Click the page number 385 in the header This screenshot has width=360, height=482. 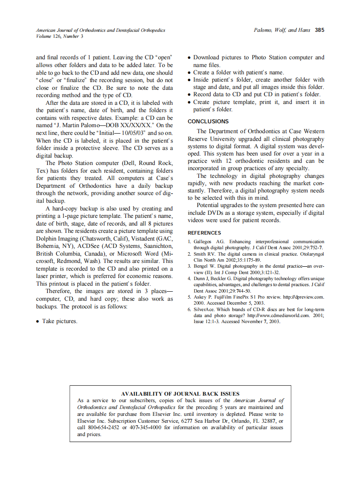pyautogui.click(x=319, y=31)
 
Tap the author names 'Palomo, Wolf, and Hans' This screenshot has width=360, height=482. pyautogui.click(x=281, y=31)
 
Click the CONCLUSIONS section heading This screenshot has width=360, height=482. pyautogui.click(x=208, y=122)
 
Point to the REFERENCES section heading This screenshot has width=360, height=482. pyautogui.click(x=204, y=233)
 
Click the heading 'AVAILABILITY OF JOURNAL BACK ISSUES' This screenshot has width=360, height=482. pyautogui.click(x=180, y=394)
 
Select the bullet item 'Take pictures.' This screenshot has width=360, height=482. pyautogui.click(x=60, y=321)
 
